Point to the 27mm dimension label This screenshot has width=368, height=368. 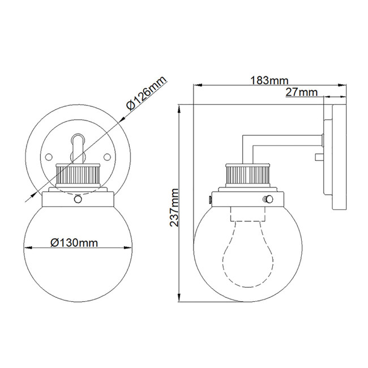click(301, 92)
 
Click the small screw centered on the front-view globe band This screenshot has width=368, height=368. click(78, 199)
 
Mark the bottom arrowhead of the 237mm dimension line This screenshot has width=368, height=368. click(179, 299)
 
